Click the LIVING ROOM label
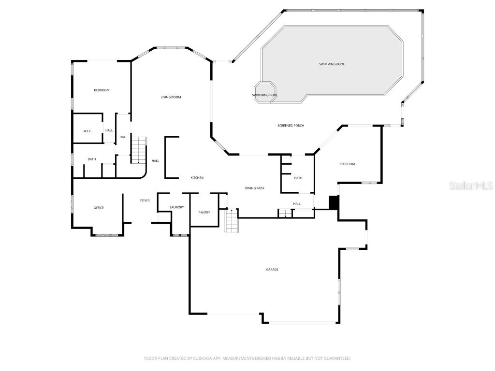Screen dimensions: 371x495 point(171,97)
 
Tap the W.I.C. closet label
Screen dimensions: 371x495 point(87,130)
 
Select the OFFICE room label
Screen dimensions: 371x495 point(99,208)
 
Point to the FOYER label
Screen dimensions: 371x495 point(145,200)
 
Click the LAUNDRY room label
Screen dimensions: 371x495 point(176,207)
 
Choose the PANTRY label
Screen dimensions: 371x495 point(204,212)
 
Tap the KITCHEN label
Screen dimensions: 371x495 point(197,178)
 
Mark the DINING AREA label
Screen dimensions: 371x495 point(254,188)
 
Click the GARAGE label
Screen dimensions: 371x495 point(272,270)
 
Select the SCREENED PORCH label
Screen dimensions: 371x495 point(291,126)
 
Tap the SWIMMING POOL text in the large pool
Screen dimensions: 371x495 point(332,64)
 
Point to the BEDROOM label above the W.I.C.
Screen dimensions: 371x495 point(102,90)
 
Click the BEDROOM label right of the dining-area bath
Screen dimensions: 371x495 point(347,164)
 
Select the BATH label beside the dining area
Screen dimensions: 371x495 point(298,178)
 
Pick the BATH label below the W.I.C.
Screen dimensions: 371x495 point(91,159)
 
